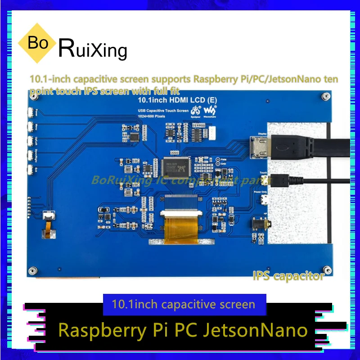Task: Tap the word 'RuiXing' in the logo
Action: point(93,49)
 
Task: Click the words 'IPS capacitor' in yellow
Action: point(288,276)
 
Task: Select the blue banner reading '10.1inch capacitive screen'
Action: point(185,304)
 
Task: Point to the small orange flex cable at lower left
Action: point(45,230)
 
